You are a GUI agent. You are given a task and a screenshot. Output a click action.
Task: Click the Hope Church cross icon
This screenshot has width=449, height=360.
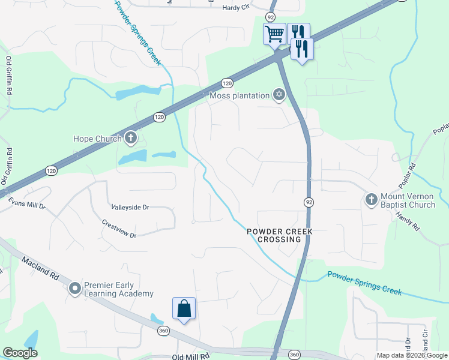pos(131,139)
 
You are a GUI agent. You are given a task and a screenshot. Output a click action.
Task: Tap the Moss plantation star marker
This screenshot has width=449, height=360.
pos(279,95)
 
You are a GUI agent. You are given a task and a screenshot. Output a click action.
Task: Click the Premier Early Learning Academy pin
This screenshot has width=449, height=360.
pos(75,289)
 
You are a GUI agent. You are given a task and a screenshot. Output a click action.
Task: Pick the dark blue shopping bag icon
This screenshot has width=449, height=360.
pos(184,309)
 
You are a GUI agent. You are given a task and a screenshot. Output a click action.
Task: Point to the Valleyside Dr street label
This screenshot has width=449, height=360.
pos(130,207)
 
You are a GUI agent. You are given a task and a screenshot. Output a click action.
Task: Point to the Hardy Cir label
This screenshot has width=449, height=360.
pos(235,8)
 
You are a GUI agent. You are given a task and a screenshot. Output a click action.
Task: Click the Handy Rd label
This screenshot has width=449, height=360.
pos(406,221)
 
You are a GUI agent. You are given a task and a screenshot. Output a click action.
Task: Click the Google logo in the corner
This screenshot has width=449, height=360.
pos(20,353)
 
